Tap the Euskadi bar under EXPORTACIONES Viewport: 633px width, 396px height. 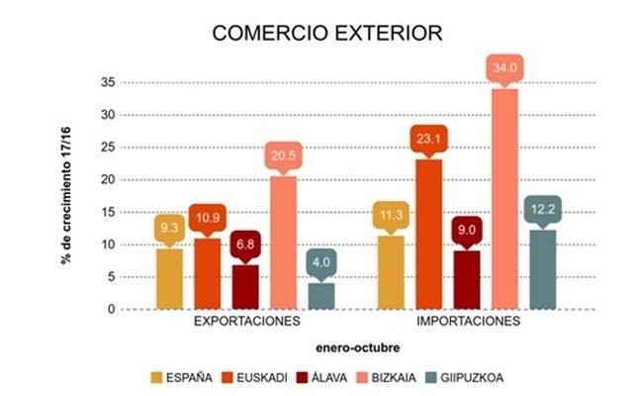[208, 272]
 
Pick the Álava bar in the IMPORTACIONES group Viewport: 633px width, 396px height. [467, 279]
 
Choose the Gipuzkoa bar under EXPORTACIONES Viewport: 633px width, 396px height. [321, 295]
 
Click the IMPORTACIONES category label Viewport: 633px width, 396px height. [465, 323]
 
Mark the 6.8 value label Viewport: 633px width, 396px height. [245, 245]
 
